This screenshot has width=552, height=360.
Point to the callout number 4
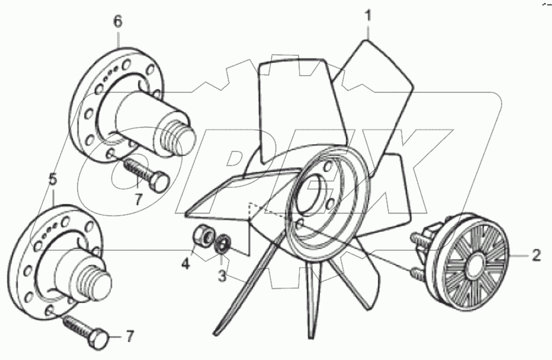[185, 265]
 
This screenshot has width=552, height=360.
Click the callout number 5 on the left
[52, 180]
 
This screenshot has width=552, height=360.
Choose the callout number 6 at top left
[118, 22]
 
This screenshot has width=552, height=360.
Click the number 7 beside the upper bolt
[138, 201]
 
